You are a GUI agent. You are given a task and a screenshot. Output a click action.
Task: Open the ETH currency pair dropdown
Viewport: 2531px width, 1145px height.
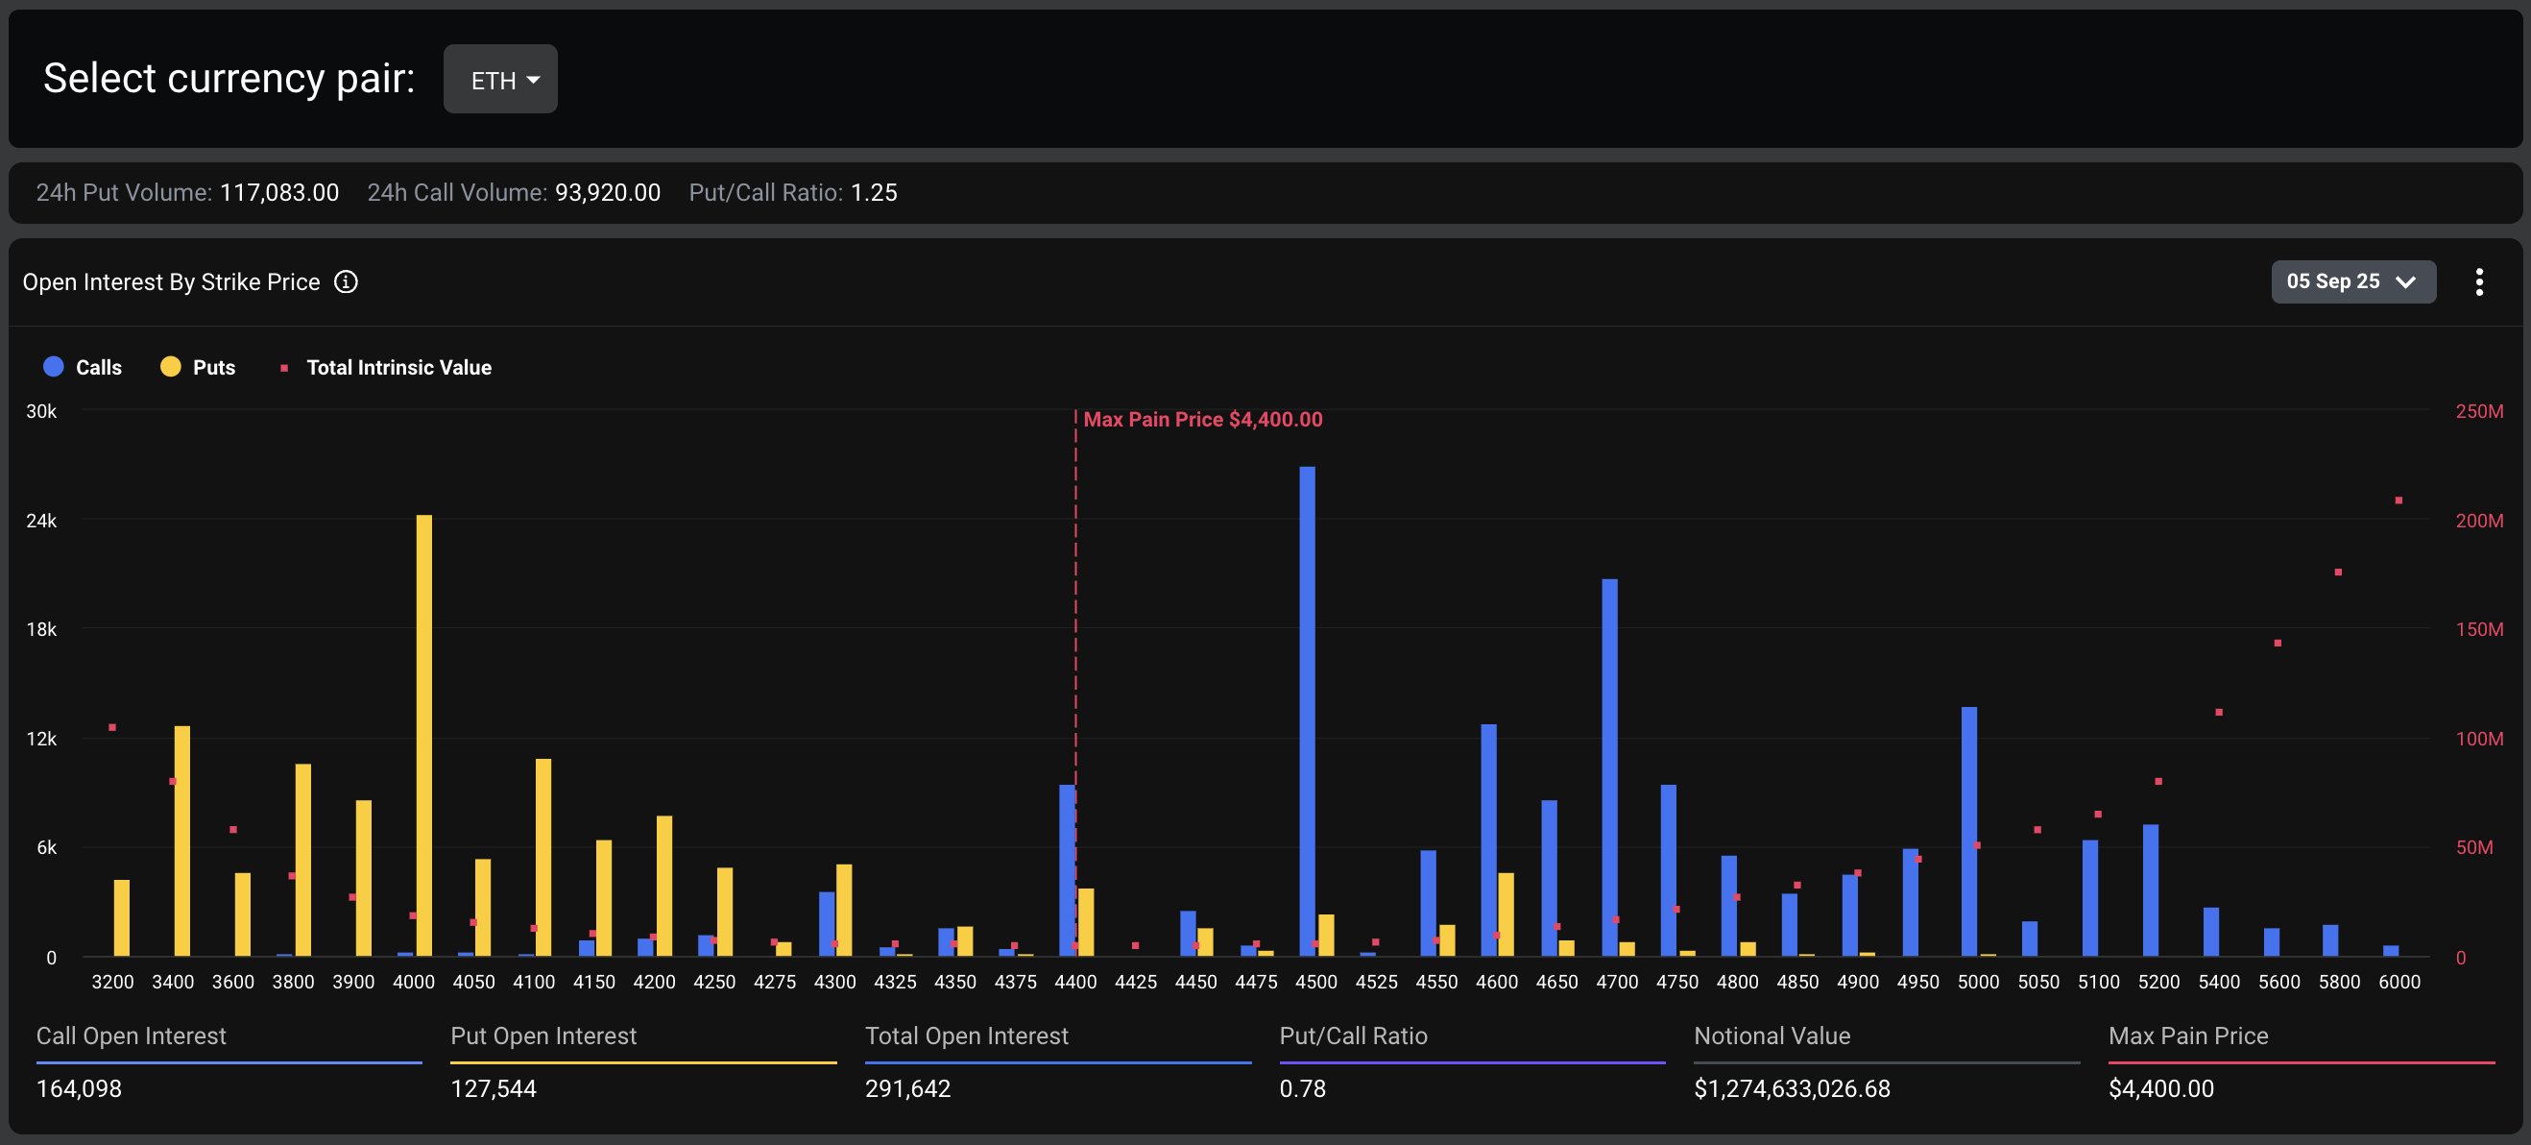coord(500,80)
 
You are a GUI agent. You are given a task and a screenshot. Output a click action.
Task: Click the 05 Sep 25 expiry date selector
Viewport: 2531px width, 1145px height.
coord(2352,282)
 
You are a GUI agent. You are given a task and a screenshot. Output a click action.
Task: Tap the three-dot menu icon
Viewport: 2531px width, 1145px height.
coord(2478,282)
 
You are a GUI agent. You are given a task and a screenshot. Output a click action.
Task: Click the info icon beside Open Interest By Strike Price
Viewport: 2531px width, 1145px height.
coord(346,282)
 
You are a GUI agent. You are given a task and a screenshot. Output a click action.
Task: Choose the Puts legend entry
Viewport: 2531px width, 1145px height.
coord(199,368)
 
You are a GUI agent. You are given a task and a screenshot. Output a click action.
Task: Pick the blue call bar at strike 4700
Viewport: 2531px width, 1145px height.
coord(1608,767)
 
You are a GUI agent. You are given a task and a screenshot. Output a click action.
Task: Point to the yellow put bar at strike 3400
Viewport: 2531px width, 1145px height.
coord(181,840)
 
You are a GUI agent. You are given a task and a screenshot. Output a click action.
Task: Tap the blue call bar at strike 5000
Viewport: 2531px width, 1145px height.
coord(1969,831)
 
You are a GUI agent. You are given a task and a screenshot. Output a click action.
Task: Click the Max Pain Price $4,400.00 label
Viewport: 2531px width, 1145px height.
coord(1203,420)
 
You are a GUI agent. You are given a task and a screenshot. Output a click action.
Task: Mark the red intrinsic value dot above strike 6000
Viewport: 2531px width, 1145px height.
coord(2398,500)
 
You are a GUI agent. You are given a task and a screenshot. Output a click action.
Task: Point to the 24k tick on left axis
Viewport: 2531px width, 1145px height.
coord(41,521)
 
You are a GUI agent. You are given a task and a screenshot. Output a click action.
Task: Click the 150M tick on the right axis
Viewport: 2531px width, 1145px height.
coord(2478,629)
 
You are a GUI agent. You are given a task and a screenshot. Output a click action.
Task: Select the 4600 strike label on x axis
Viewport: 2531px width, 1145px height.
coord(1495,982)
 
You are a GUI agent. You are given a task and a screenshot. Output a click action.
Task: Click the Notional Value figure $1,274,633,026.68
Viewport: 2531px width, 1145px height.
coord(1791,1089)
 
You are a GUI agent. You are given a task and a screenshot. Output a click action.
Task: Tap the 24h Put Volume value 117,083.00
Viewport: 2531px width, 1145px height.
coord(279,193)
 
